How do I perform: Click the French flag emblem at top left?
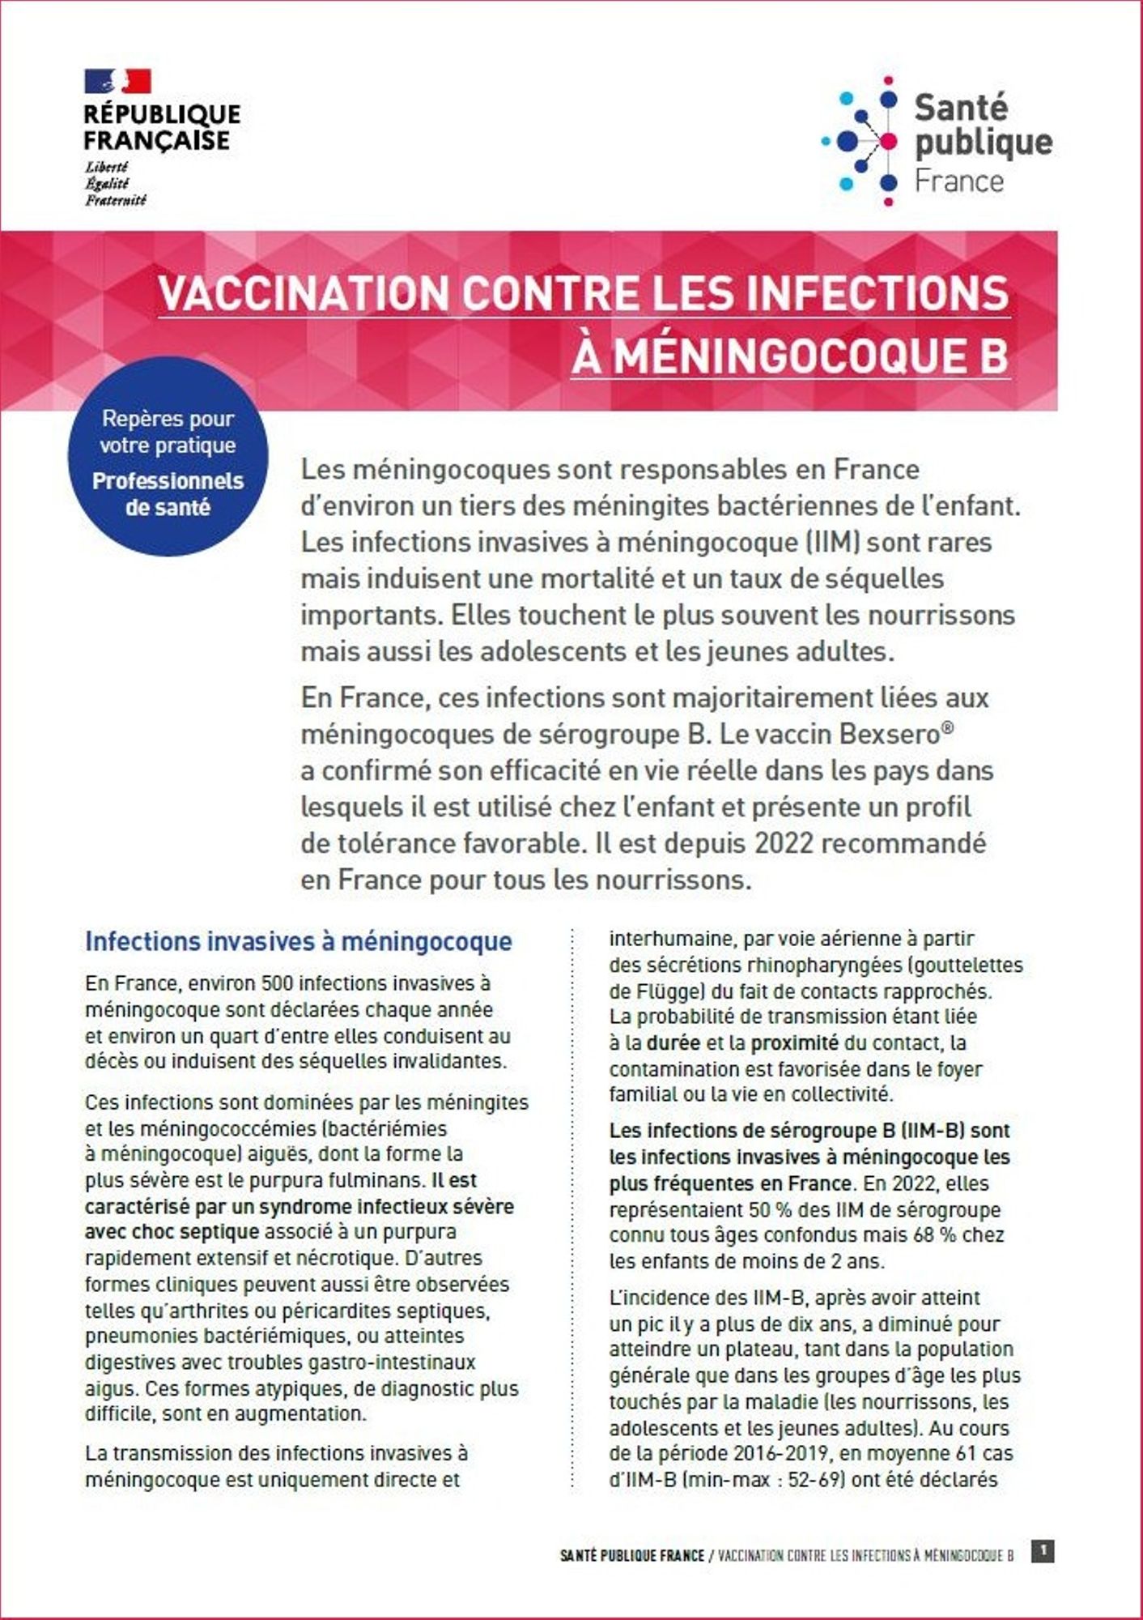coord(117,81)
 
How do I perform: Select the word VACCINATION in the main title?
coord(302,293)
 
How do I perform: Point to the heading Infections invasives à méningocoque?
coord(298,941)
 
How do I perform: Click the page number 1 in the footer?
coord(1043,1550)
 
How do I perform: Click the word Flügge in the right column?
coord(661,991)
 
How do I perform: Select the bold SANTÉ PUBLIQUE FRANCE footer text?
coord(632,1556)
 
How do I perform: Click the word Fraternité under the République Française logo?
coord(115,199)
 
